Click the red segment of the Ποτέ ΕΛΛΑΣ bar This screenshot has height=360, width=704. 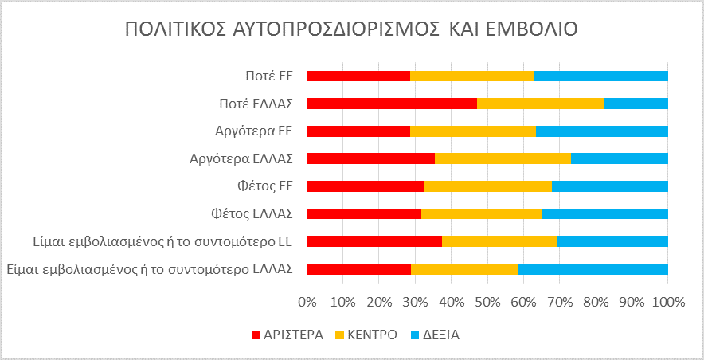point(391,103)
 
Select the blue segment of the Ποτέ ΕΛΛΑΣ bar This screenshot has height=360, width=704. point(636,103)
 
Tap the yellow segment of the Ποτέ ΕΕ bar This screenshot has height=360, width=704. point(471,76)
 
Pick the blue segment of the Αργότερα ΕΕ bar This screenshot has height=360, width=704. point(601,131)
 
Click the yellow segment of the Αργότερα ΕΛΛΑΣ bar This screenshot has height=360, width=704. point(503,158)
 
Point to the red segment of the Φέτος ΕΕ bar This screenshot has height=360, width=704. point(365,186)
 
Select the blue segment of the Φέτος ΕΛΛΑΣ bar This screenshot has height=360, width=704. point(604,213)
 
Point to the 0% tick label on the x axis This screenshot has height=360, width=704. point(307,303)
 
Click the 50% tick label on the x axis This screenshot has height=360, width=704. point(487,303)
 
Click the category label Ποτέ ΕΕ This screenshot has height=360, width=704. point(269,76)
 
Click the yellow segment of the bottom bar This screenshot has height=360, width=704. point(464,268)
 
